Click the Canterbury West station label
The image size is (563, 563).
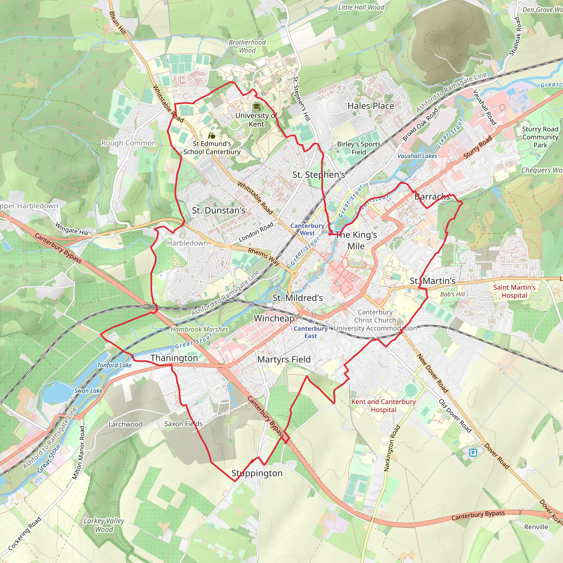coord(307,229)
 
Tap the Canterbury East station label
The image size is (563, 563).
coord(311,332)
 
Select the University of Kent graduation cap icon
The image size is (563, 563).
coord(256,107)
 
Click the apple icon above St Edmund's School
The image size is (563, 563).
coord(212,136)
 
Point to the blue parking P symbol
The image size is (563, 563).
coord(473,452)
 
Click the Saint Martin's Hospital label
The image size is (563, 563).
coord(514,291)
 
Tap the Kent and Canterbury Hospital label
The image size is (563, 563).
coord(383,405)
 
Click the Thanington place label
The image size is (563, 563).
coord(174,358)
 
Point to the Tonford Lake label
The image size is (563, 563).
coord(115,365)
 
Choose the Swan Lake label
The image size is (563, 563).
coord(88,391)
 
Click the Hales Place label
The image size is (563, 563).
coord(371,106)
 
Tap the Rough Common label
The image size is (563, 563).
coord(128,143)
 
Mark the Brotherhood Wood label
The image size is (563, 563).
coord(247,46)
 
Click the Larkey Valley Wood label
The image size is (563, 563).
coord(104,525)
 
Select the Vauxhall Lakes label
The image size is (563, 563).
coord(417,156)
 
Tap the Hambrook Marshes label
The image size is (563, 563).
coord(199,329)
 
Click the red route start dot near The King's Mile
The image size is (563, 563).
coord(330,234)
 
